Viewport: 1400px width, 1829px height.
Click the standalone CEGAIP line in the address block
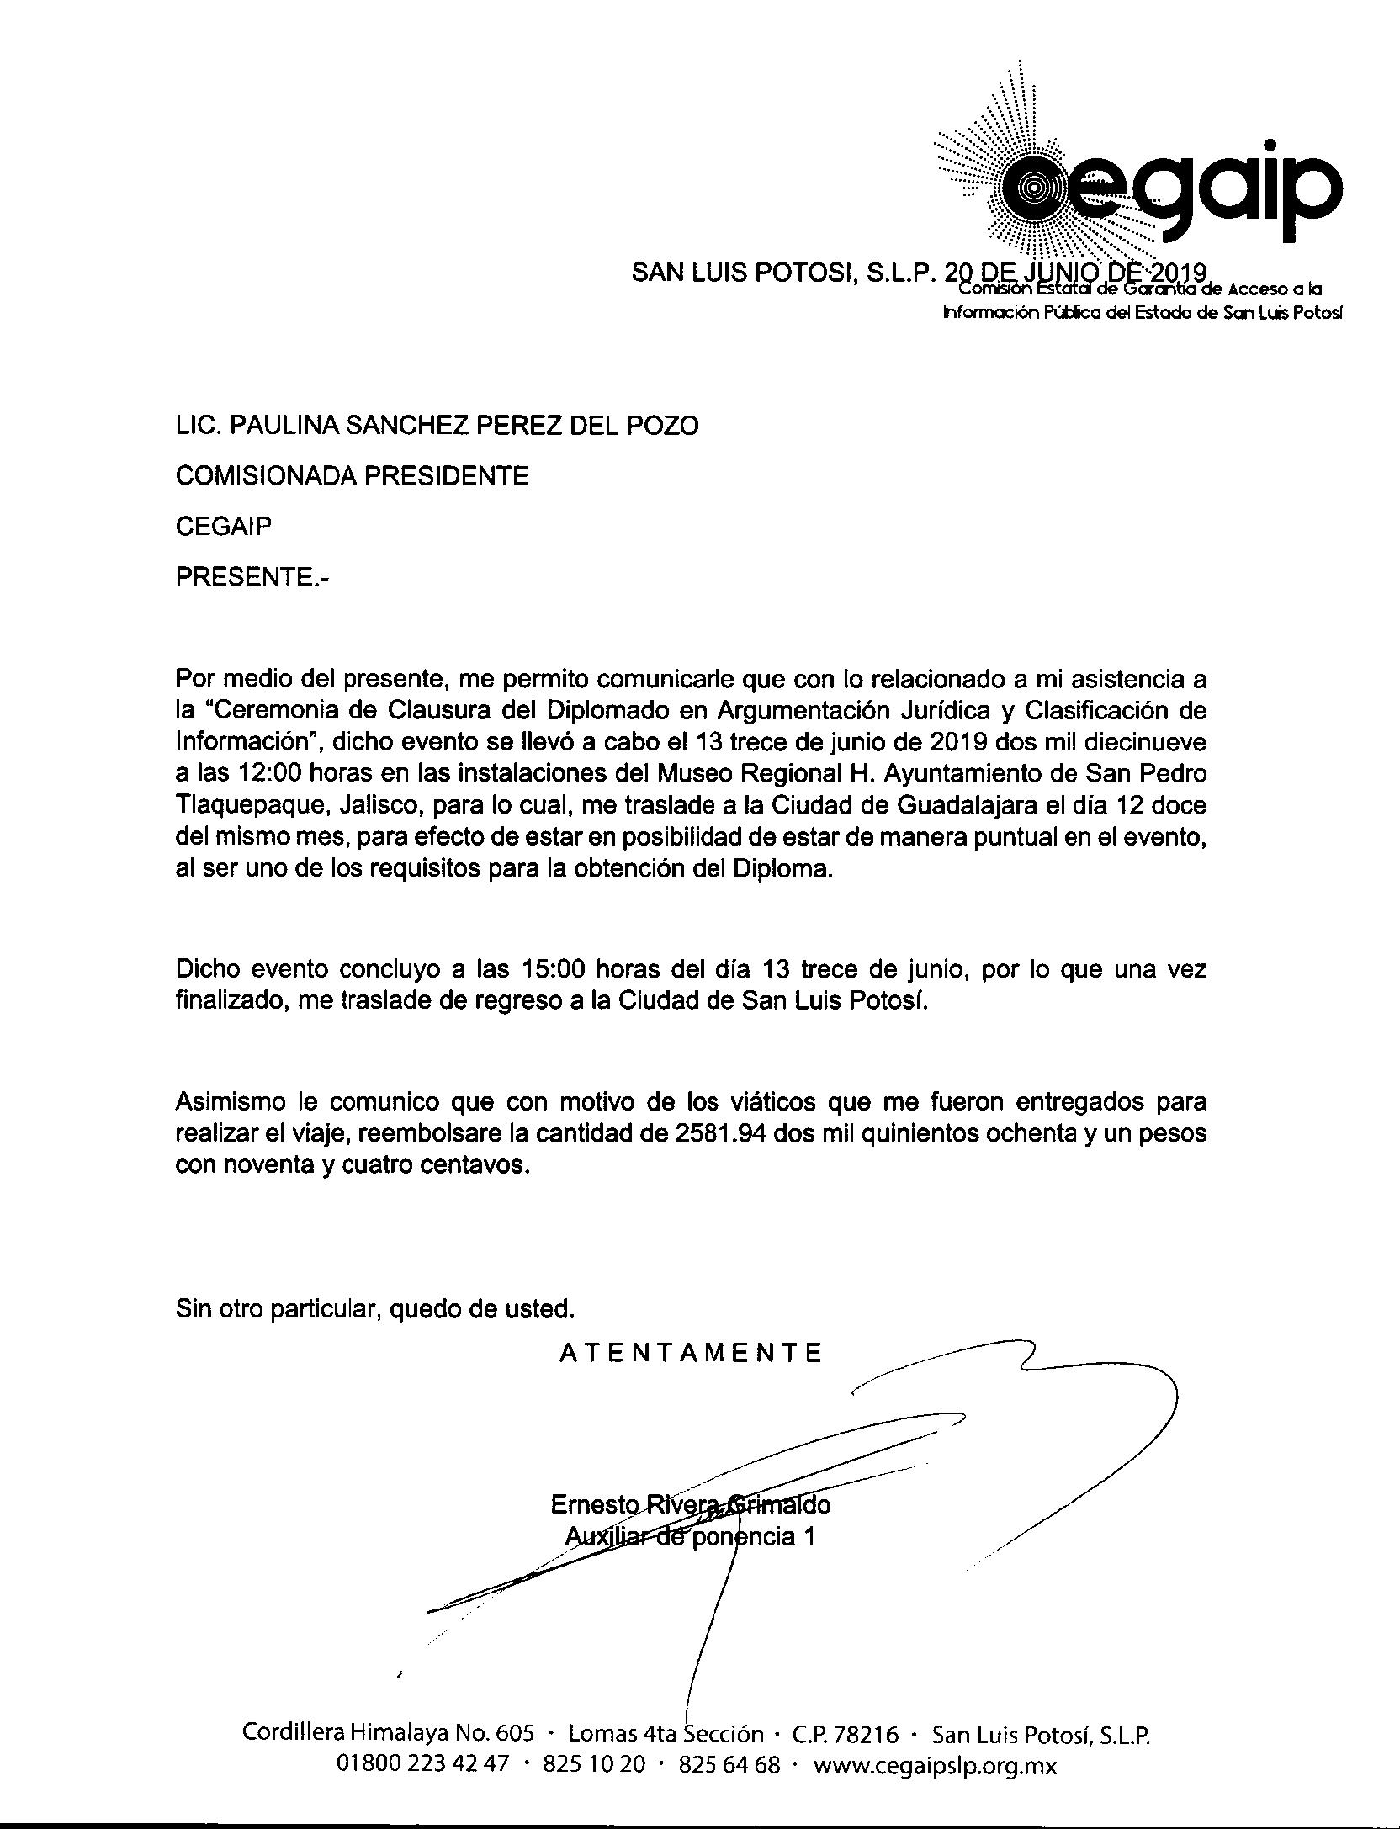(x=224, y=527)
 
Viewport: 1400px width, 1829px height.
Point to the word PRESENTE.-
(x=252, y=577)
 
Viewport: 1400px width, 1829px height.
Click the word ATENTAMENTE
(x=691, y=1353)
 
